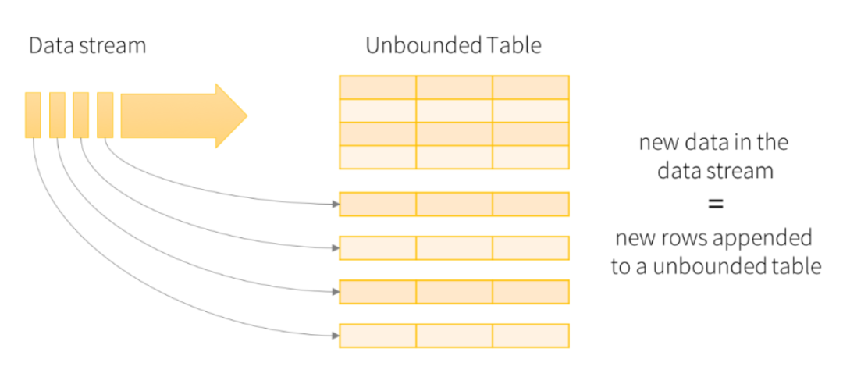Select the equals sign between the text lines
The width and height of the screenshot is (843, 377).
tap(715, 205)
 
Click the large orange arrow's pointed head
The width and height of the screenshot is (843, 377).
tap(244, 116)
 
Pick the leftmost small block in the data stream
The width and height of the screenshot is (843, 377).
tap(33, 115)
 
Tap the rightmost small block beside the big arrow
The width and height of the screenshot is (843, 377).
tap(105, 115)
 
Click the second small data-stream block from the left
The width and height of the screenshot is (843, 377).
tap(57, 115)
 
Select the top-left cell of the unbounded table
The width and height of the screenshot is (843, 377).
tap(378, 87)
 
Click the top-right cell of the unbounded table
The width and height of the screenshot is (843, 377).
tap(531, 87)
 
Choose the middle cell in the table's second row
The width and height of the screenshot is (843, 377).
tap(454, 111)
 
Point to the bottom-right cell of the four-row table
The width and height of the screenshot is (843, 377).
tap(531, 157)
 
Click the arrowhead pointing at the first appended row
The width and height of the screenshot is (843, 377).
tap(336, 205)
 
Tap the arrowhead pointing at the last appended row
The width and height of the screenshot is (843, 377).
tap(336, 336)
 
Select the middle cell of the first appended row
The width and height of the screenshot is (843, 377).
tap(454, 205)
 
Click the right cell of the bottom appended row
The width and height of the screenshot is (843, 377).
tap(531, 336)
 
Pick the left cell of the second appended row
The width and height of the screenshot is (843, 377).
tap(378, 248)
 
